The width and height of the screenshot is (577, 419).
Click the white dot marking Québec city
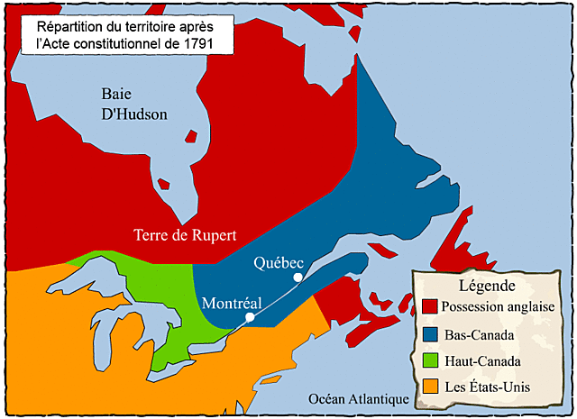point(297,278)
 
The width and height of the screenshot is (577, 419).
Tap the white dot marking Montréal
point(250,317)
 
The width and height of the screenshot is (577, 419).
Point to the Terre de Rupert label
point(185,236)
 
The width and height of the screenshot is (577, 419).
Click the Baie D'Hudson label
point(134,104)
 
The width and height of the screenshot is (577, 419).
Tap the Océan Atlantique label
point(352,399)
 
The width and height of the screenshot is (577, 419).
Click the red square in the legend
point(429,307)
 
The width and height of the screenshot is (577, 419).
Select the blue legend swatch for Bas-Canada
point(429,334)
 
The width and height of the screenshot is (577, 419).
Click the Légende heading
point(486,286)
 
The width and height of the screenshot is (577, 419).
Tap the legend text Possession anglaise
point(498,307)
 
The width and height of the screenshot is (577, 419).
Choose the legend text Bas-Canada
point(479,334)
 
